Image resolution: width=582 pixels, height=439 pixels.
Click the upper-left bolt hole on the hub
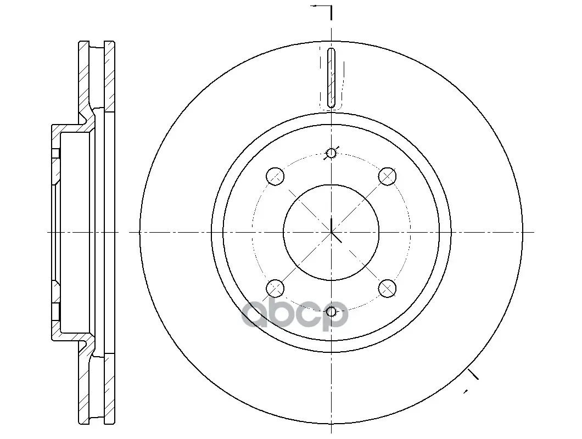point(276,176)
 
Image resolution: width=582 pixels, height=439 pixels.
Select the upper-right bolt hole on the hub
point(387,176)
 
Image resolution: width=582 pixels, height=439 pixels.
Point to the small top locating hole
point(331,153)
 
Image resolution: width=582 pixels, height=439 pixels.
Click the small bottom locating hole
point(331,312)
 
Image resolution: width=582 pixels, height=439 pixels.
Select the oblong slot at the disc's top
point(331,78)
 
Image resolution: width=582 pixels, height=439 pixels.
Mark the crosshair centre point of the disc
point(331,232)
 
